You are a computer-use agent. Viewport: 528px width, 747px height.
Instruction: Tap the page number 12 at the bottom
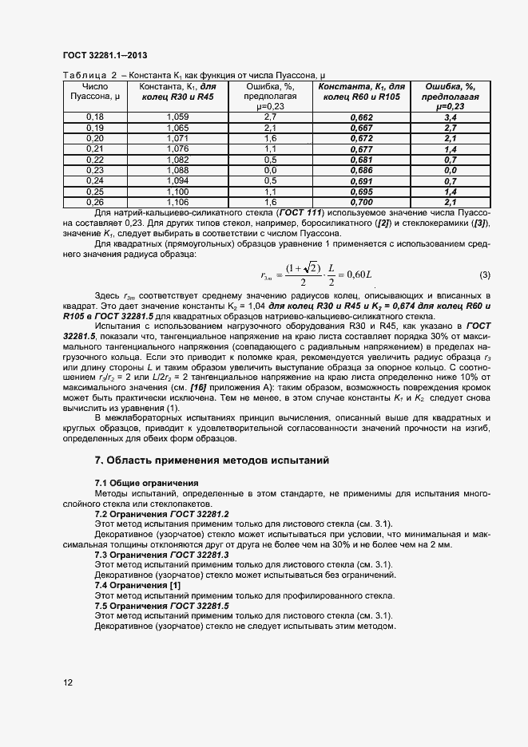68,682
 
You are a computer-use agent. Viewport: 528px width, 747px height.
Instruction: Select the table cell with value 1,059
177,117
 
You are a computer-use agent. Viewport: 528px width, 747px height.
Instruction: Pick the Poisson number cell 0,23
95,170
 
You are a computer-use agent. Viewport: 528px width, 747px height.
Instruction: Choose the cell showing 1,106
177,203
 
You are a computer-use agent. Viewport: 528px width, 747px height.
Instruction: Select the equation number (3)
485,275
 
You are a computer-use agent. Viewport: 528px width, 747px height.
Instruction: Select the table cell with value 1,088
177,170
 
